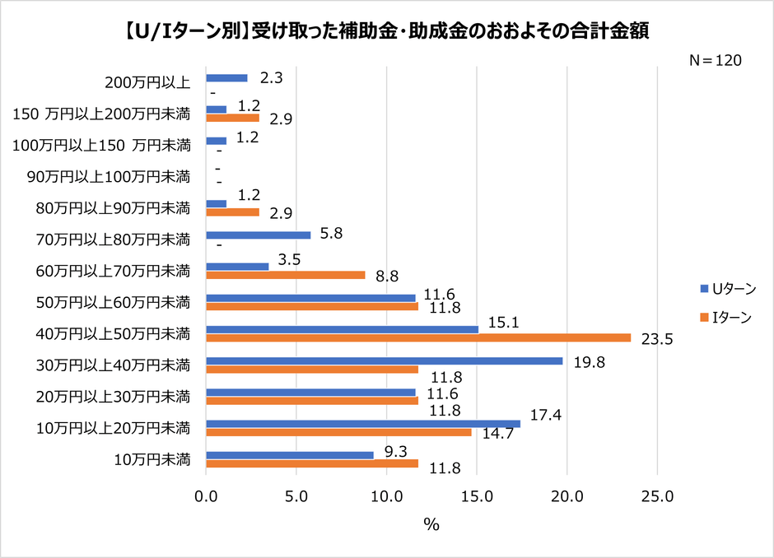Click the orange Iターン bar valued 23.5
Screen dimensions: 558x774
point(417,337)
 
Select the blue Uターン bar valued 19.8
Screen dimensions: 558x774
point(384,360)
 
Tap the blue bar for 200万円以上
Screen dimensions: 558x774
point(226,78)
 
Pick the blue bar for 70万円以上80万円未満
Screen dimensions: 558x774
point(258,235)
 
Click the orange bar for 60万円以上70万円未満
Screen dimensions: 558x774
point(285,275)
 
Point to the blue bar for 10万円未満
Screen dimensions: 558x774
point(289,454)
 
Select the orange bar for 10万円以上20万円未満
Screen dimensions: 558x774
point(338,432)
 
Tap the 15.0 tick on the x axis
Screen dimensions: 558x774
point(477,496)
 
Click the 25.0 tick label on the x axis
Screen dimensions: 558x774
point(657,496)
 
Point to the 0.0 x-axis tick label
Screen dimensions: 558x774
point(206,496)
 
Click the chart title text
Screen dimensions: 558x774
point(386,30)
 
